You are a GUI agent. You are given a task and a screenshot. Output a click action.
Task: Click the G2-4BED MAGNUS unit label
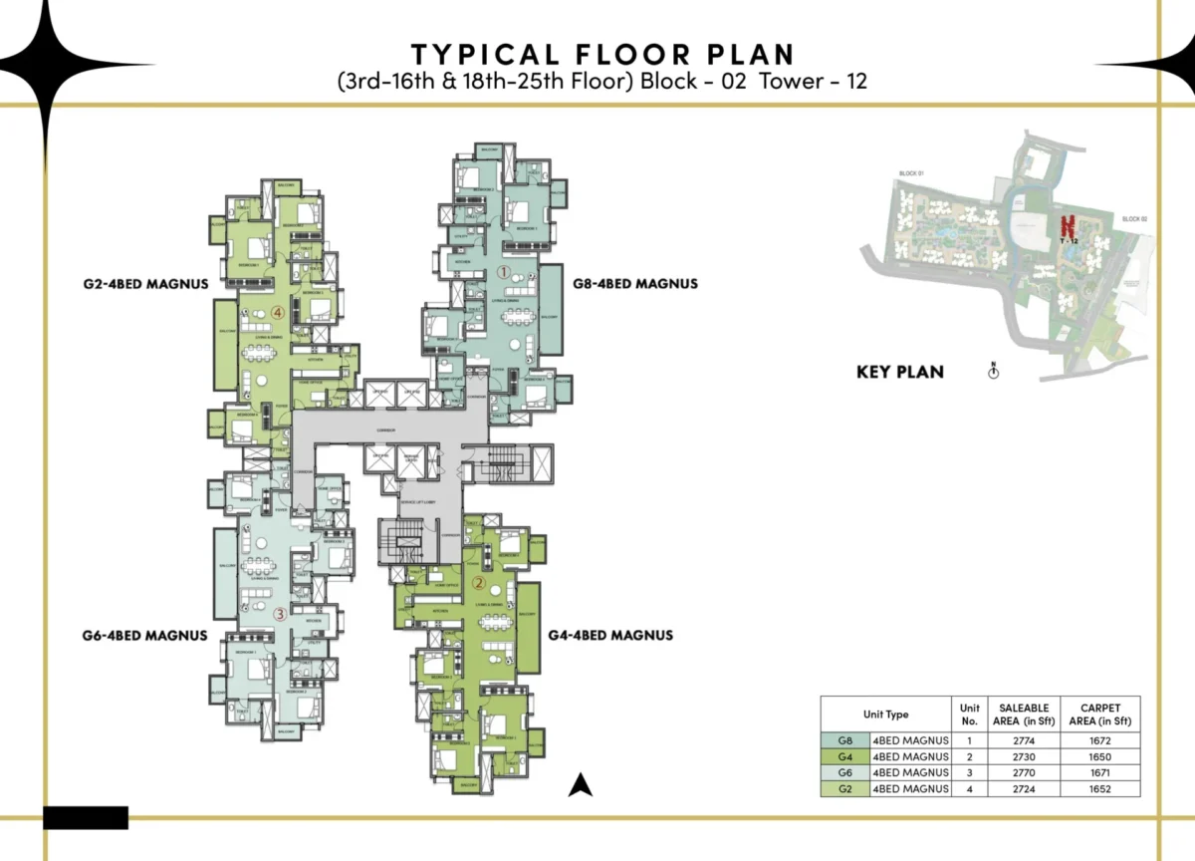145,284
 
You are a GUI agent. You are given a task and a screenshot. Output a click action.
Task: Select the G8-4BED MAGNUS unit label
635,284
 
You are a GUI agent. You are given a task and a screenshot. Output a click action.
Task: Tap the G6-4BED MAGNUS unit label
145,635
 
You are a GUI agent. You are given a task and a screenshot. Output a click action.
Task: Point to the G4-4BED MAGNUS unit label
610,635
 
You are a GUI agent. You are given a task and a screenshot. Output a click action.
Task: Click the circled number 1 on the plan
504,270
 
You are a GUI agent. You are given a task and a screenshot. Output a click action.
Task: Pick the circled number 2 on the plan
479,584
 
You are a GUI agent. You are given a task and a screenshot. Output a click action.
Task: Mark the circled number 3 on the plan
280,615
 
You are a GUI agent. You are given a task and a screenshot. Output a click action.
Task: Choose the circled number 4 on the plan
279,312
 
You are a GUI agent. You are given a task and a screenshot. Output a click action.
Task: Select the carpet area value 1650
1099,756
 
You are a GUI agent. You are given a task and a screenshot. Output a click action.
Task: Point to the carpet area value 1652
1099,788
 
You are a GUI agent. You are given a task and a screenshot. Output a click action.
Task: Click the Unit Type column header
884,715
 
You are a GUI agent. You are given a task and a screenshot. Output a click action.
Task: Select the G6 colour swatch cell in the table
844,772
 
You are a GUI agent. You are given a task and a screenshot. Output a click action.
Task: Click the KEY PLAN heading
900,373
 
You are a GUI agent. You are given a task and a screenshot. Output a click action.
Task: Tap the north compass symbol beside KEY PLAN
993,372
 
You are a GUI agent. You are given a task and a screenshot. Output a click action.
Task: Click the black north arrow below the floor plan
581,785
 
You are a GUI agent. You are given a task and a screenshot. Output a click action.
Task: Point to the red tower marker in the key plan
1069,228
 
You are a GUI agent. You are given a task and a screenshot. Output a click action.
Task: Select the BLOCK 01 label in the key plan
911,174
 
